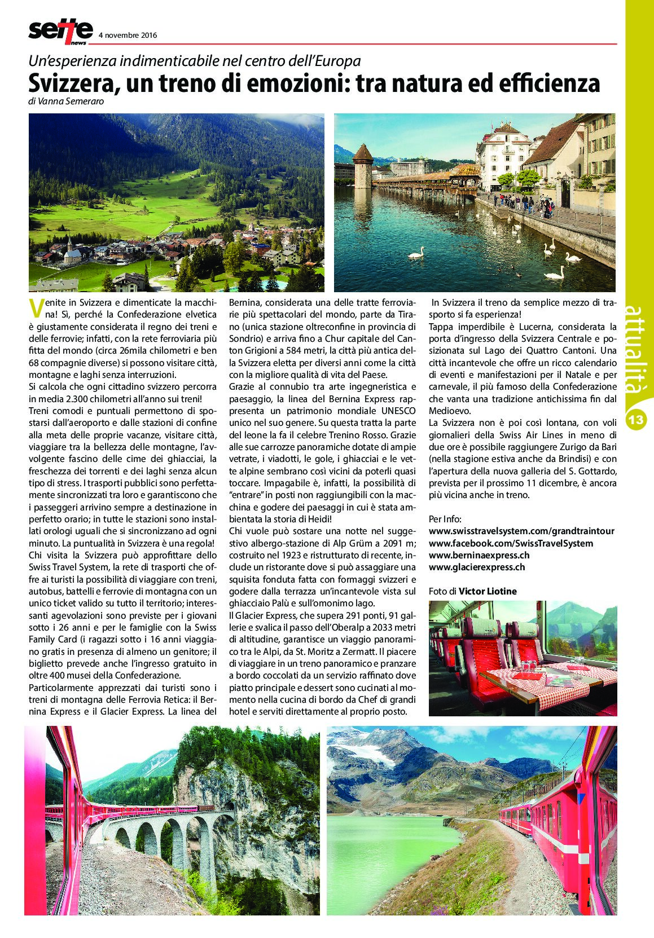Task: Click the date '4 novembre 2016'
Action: (x=128, y=35)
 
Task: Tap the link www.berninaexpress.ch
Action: (x=479, y=555)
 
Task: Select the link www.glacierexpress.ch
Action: (x=477, y=567)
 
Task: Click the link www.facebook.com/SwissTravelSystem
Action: (x=511, y=543)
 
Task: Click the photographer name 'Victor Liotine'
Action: (x=488, y=591)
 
